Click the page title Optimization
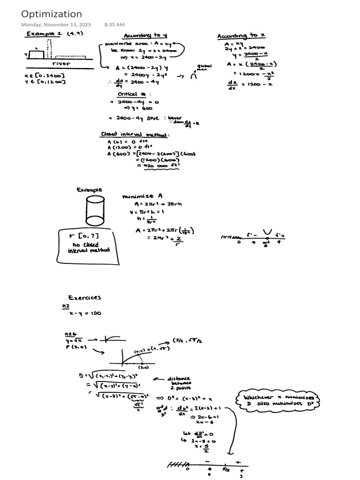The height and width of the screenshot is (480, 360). [52, 14]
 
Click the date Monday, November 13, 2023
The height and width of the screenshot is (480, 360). [56, 24]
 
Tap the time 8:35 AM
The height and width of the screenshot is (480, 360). [114, 24]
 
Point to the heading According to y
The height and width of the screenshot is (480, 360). [145, 36]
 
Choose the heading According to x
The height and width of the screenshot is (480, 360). [241, 36]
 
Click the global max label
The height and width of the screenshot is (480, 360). [204, 68]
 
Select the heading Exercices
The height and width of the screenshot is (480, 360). [84, 297]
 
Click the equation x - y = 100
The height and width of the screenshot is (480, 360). [84, 313]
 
